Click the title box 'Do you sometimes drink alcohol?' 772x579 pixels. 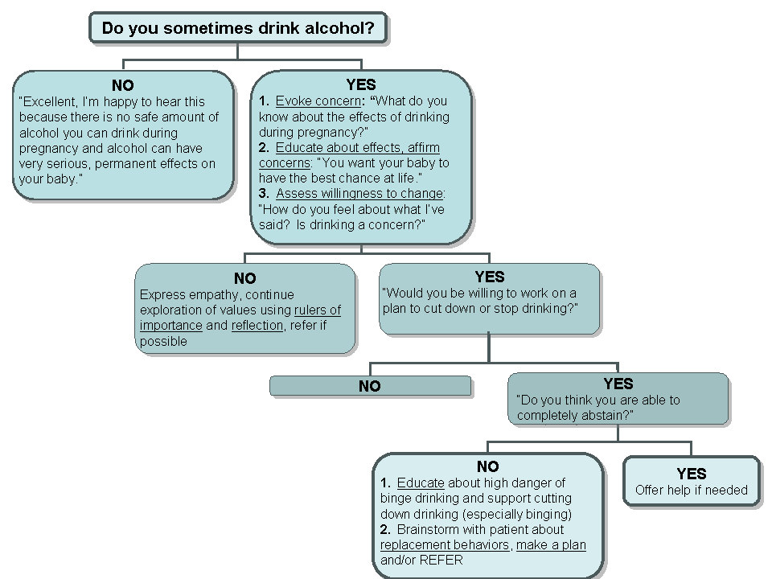[238, 28]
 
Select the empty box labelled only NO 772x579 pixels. [370, 386]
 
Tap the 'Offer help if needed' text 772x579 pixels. [692, 490]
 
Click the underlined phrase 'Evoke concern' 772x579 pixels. [318, 101]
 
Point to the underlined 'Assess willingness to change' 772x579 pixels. [359, 194]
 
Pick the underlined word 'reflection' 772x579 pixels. [257, 326]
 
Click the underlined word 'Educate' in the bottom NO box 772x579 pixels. [421, 482]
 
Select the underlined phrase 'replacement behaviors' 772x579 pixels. [445, 545]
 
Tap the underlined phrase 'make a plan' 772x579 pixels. [551, 545]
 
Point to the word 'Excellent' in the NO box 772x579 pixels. [48, 102]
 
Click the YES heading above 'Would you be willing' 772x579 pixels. [490, 277]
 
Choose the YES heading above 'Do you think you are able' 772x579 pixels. [618, 384]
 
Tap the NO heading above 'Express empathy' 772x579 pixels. [245, 279]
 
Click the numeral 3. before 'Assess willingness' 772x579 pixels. [264, 194]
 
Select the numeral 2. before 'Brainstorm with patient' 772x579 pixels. [385, 530]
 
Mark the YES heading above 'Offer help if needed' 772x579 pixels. [692, 474]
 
